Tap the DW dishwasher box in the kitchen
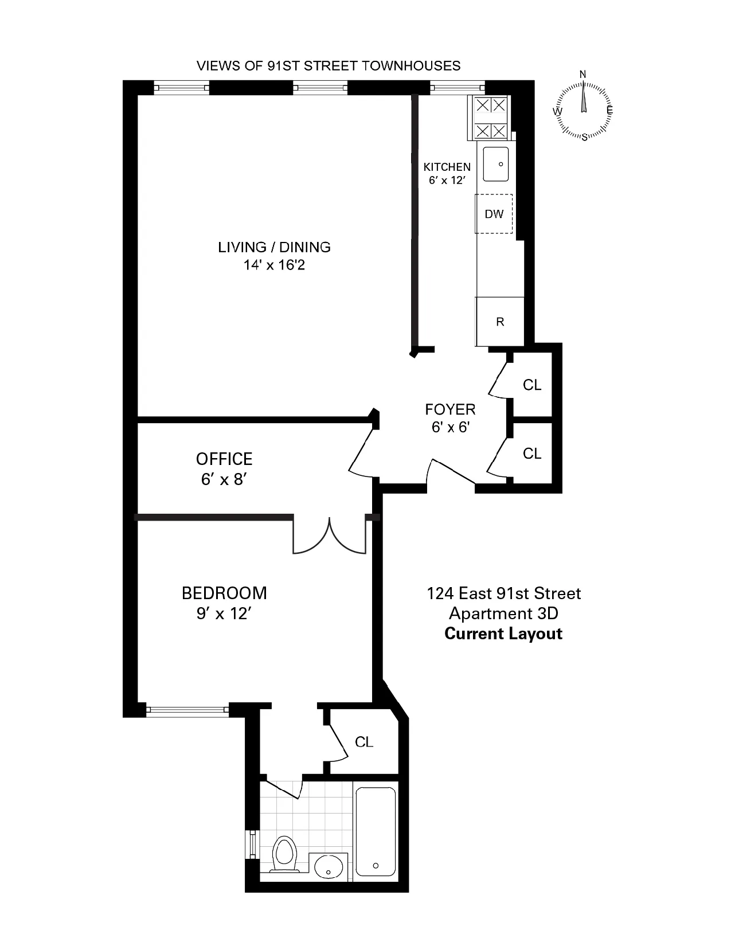tap(494, 214)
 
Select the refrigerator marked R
tap(500, 322)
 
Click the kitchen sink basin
tap(496, 164)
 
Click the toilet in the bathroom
tap(284, 853)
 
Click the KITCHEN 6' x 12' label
tap(447, 173)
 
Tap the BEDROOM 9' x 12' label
tap(224, 603)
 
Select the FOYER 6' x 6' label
tap(450, 418)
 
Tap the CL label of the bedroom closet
tap(364, 742)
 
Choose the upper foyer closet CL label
tap(532, 385)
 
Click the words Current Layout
tap(503, 634)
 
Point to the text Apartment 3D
tap(503, 613)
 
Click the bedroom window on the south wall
tap(187, 710)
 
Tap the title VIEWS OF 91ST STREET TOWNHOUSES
tap(329, 65)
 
